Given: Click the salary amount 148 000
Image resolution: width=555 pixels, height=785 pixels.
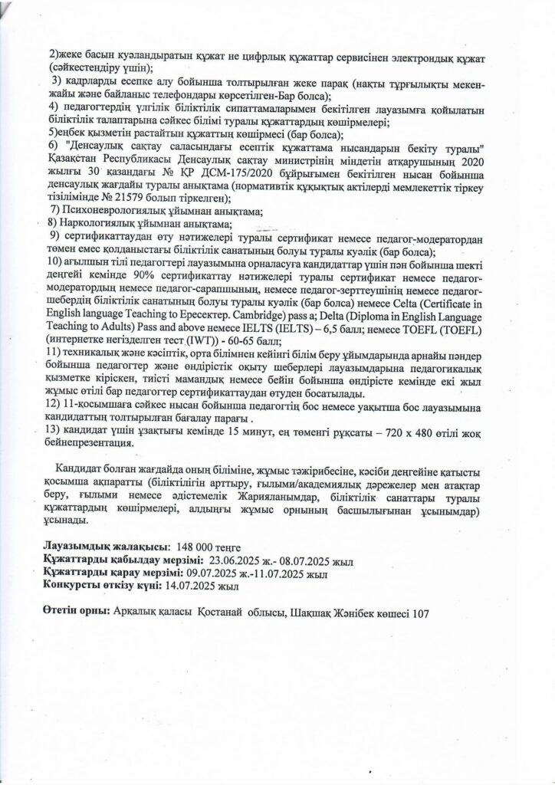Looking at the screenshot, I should [195, 547].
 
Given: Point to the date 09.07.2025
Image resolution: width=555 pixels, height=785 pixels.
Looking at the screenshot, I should [202, 573].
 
